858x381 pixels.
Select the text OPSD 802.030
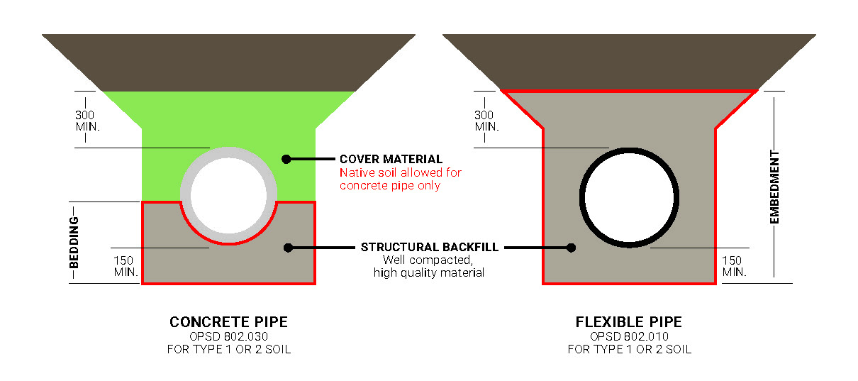click(x=228, y=336)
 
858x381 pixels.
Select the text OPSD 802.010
click(x=629, y=336)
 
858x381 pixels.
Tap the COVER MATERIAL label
click(x=391, y=160)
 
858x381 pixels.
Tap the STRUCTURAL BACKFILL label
click(x=430, y=248)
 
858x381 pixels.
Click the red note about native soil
click(x=401, y=179)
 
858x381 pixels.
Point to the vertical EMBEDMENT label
click(x=775, y=187)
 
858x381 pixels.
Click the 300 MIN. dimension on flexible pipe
click(x=486, y=121)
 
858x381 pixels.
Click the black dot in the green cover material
click(x=286, y=159)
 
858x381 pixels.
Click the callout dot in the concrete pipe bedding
click(x=288, y=248)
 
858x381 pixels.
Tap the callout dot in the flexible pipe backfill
click(x=571, y=248)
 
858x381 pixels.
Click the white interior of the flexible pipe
click(x=629, y=197)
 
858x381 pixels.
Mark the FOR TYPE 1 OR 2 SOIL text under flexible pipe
click(x=629, y=350)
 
